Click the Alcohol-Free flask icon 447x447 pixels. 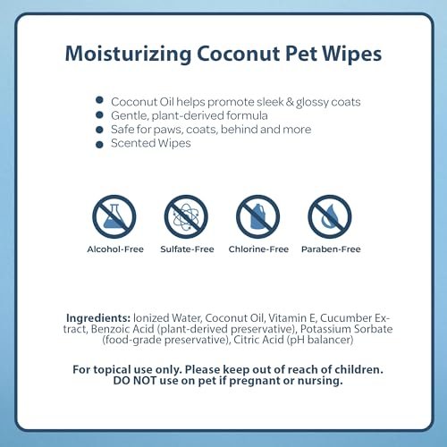point(114,217)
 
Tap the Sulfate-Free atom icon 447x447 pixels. point(186,217)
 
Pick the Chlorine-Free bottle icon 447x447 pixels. point(257,217)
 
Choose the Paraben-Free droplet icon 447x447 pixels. point(329,217)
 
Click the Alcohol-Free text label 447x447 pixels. point(114,249)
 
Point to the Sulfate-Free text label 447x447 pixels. point(186,249)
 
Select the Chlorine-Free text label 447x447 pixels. point(257,249)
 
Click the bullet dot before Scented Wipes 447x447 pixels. point(100,144)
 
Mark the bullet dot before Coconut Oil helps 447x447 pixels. point(100,101)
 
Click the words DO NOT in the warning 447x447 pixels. point(125,380)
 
